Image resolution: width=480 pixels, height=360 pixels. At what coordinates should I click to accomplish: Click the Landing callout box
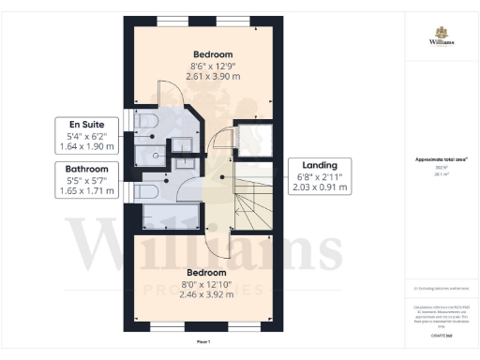click(320, 175)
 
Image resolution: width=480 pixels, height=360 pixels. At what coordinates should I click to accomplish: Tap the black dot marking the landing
click(222, 176)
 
